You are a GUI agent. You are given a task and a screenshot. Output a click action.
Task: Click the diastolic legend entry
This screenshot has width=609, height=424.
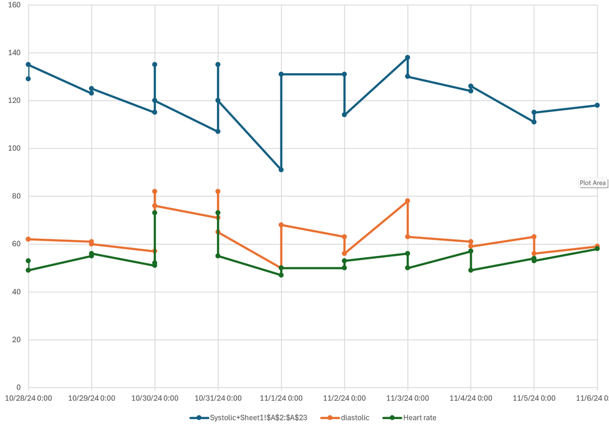[355, 418]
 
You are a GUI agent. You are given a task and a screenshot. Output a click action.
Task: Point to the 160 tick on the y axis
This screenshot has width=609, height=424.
[14, 5]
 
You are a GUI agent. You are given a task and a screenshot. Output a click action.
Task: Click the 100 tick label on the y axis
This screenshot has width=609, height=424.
[14, 149]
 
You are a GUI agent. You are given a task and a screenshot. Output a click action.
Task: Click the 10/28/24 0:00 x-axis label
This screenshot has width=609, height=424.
[28, 398]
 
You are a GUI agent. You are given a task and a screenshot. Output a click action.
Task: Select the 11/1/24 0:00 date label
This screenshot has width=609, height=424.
[281, 398]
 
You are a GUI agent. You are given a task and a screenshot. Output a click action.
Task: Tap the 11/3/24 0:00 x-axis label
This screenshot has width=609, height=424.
[407, 398]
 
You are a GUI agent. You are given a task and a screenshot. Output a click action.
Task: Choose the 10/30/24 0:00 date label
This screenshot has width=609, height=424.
[155, 398]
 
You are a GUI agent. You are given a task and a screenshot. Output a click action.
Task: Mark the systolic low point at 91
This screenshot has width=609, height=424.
[281, 169]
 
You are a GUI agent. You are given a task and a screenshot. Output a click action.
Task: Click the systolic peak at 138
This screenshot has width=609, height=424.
[407, 57]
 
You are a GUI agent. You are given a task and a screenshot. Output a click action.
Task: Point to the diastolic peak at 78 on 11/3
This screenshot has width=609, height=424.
[407, 201]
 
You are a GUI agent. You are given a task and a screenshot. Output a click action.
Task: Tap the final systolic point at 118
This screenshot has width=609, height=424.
[597, 105]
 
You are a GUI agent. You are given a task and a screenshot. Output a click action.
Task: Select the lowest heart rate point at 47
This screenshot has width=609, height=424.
[281, 275]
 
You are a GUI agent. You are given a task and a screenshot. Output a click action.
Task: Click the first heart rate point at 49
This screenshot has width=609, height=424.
[28, 270]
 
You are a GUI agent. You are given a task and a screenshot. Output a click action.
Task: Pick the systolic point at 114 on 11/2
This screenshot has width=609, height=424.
[344, 115]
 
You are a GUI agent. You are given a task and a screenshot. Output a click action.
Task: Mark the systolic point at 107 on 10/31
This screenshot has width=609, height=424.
[218, 132]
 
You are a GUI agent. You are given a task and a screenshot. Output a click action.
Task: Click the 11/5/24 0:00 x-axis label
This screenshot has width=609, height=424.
[534, 398]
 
